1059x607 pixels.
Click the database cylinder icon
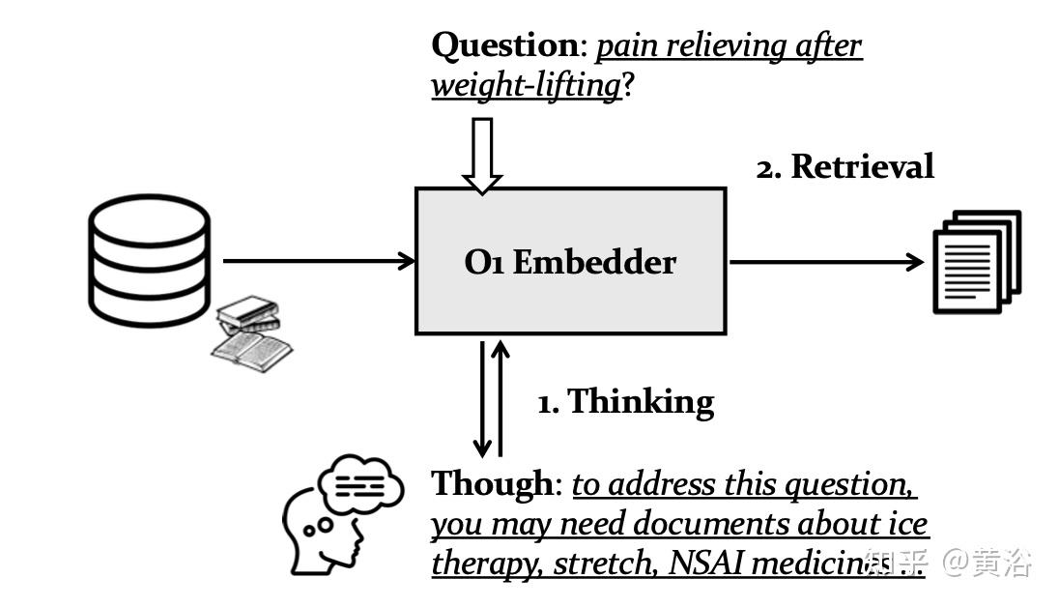click(x=149, y=255)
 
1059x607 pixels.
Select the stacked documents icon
click(x=977, y=262)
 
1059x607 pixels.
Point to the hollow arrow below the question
click(x=481, y=155)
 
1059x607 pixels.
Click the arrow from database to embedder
click(x=319, y=260)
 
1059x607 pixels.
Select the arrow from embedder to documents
click(x=826, y=261)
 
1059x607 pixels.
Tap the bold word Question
click(x=503, y=44)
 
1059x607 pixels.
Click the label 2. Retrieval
click(x=844, y=166)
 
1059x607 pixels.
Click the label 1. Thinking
click(x=625, y=401)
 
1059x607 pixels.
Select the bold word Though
click(x=493, y=483)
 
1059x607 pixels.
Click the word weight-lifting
click(x=526, y=85)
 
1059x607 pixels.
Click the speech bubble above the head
click(x=360, y=484)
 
